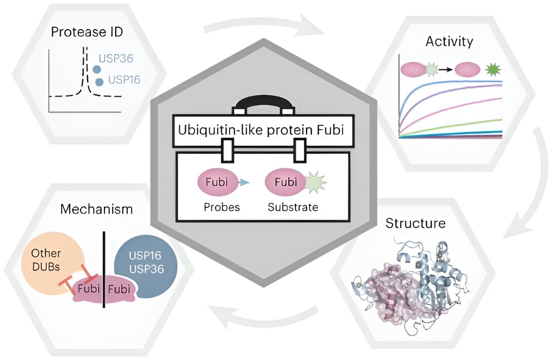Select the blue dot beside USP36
97,69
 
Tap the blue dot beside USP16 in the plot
100,81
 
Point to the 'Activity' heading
449,41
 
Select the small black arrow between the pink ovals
446,69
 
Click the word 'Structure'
415,223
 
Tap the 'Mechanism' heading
97,210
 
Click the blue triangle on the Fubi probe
245,183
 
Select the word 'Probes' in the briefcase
222,207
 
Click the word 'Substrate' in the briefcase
293,207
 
